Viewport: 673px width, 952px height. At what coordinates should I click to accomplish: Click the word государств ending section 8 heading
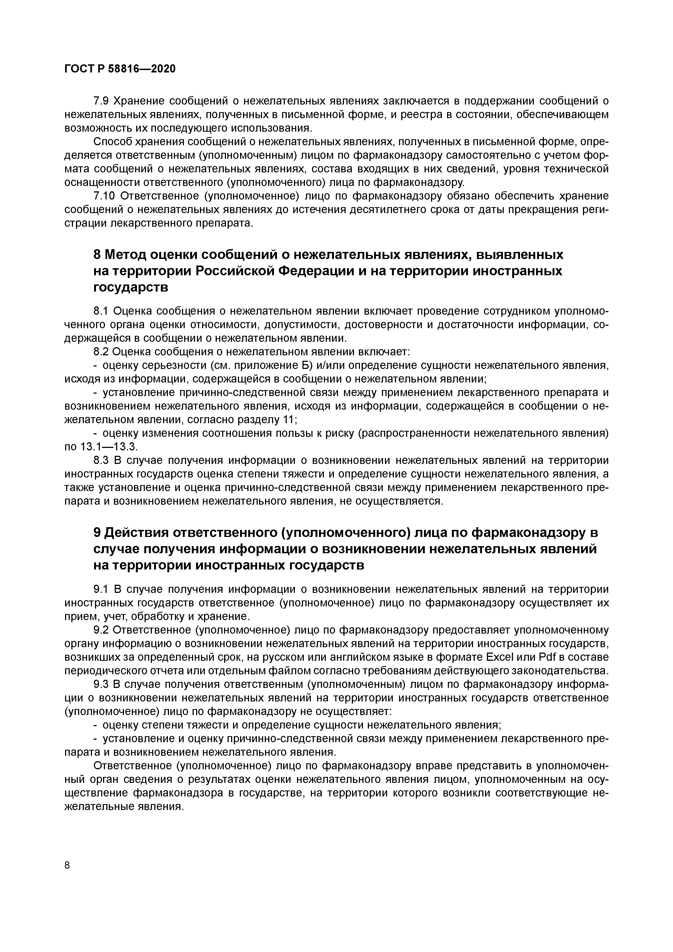131,287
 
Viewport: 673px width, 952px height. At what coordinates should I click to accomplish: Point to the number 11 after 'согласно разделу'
288,420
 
